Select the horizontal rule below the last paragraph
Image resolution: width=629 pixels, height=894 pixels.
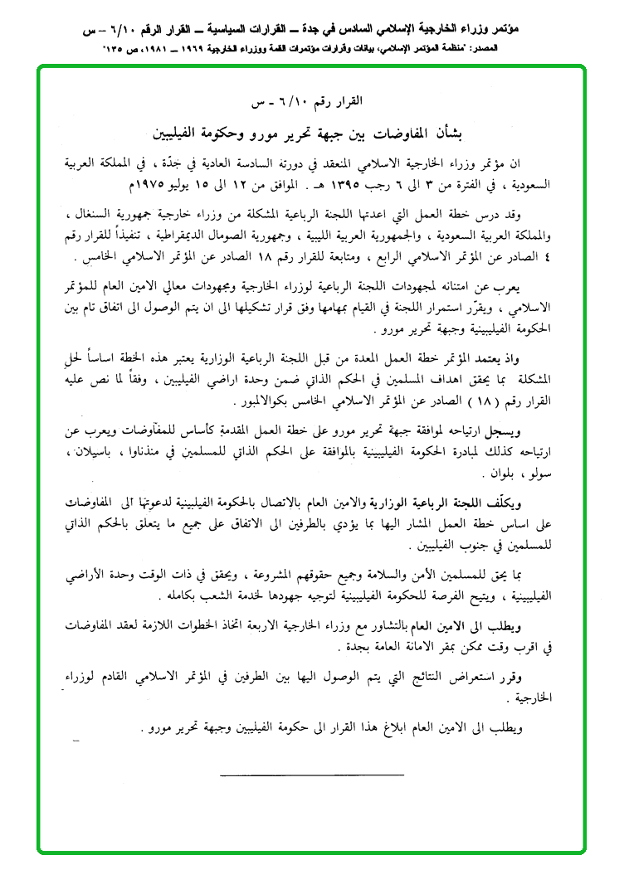point(311,775)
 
